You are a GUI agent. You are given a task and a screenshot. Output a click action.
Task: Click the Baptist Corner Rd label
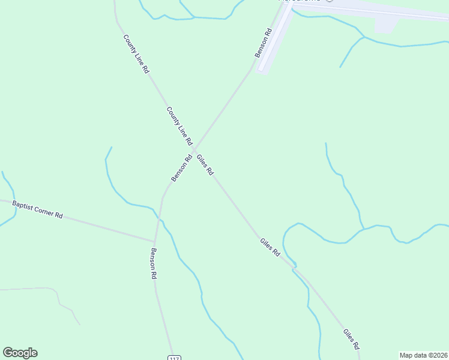click(x=37, y=209)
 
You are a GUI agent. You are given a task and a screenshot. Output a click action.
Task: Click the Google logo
click(x=20, y=353)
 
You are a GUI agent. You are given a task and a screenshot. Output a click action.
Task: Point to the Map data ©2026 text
click(x=423, y=355)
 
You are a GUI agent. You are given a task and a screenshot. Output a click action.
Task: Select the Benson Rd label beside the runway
click(x=263, y=42)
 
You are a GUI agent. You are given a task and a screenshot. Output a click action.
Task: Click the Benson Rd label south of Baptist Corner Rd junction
click(x=154, y=264)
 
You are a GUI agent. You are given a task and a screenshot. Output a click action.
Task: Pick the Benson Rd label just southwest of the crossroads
click(x=181, y=168)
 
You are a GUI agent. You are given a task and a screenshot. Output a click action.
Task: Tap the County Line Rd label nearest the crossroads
click(x=179, y=126)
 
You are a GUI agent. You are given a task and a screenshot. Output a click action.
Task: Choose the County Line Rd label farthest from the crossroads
click(x=136, y=54)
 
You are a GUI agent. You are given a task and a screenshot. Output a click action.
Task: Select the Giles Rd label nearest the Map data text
click(x=351, y=339)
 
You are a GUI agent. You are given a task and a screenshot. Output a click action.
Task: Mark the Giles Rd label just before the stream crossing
click(x=270, y=247)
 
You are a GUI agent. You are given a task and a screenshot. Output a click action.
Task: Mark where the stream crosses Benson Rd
click(x=159, y=216)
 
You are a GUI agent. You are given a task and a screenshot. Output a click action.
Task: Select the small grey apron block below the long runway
click(x=386, y=25)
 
